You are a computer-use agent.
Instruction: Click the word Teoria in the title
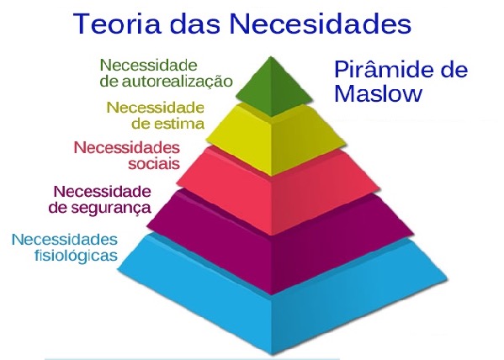pos(117,24)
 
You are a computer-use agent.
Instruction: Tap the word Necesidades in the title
pos(321,24)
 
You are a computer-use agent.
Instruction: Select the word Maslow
pos(378,93)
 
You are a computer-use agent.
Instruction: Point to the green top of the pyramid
pos(273,87)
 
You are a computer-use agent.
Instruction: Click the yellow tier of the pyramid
pos(275,138)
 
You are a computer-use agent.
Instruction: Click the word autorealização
pos(177,81)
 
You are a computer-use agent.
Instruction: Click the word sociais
pos(154,164)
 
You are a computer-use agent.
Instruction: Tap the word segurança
pos(111,208)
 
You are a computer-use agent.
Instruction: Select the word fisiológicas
pos(76,256)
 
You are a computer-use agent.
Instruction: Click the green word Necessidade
pos(148,66)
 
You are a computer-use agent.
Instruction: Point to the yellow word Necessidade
pos(156,108)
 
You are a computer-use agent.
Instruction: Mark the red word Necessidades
pos(127,148)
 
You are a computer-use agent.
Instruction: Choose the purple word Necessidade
pos(102,192)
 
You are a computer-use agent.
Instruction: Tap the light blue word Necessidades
pos(65,240)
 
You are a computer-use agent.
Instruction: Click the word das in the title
pos(195,24)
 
